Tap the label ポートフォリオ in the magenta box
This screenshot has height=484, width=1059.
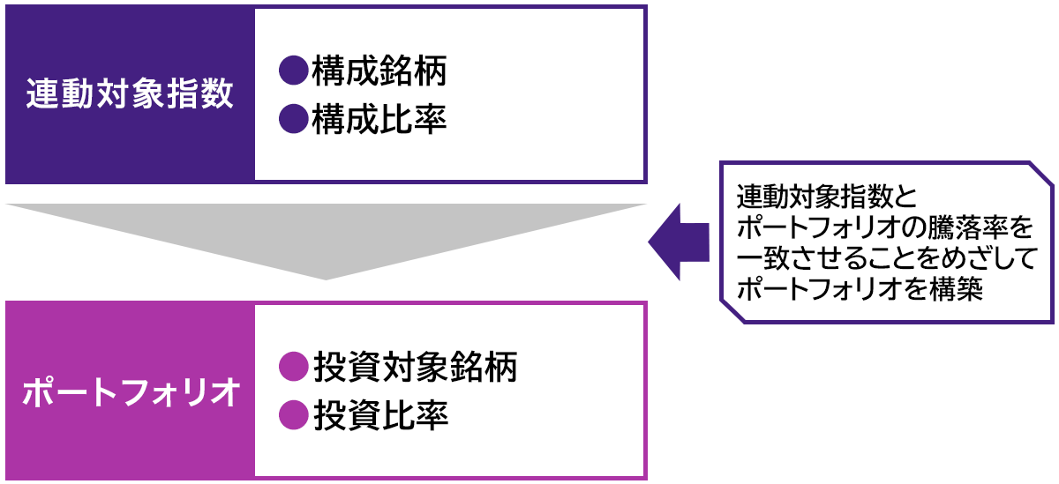coord(130,391)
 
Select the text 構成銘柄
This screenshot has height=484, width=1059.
coord(379,71)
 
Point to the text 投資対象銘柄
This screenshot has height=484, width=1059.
coord(414,366)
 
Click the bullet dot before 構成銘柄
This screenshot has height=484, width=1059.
coord(291,71)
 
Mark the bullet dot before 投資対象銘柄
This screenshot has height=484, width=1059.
coord(291,366)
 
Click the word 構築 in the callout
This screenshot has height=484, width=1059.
coord(960,290)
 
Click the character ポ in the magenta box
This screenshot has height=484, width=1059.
coord(39,391)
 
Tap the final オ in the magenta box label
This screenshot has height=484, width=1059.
coord(223,391)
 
